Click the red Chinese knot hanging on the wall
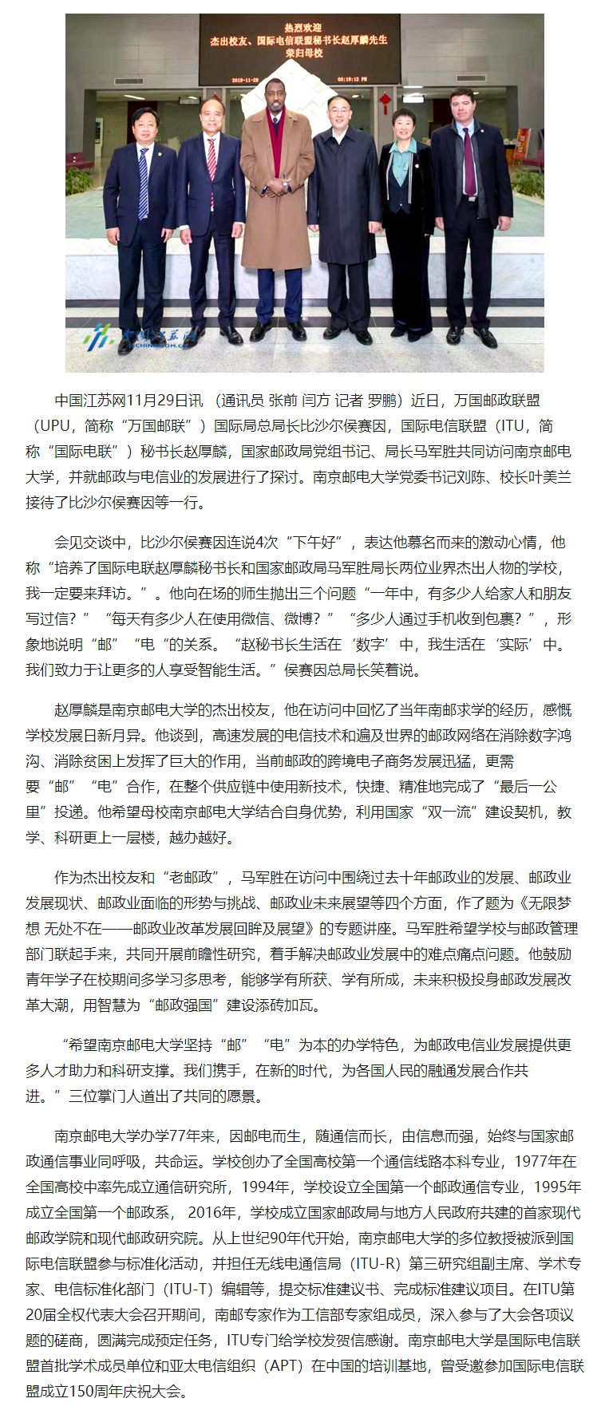pos(385,103)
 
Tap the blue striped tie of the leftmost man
pos(143,184)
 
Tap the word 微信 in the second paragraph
pos(252,618)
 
